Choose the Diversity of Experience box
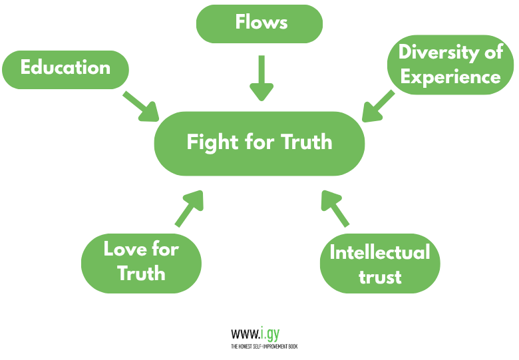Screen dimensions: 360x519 pyautogui.click(x=450, y=65)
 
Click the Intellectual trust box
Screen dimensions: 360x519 pyautogui.click(x=380, y=264)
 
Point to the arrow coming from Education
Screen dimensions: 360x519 pyautogui.click(x=141, y=106)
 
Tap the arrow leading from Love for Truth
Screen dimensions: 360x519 pyautogui.click(x=188, y=208)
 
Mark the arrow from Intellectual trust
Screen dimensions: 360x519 pyautogui.click(x=335, y=208)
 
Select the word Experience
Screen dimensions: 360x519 pyautogui.click(x=450, y=77)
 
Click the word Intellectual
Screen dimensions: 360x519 pyautogui.click(x=380, y=252)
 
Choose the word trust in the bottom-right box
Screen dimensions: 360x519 pyautogui.click(x=380, y=276)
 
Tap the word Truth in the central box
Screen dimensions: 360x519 pyautogui.click(x=307, y=142)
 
